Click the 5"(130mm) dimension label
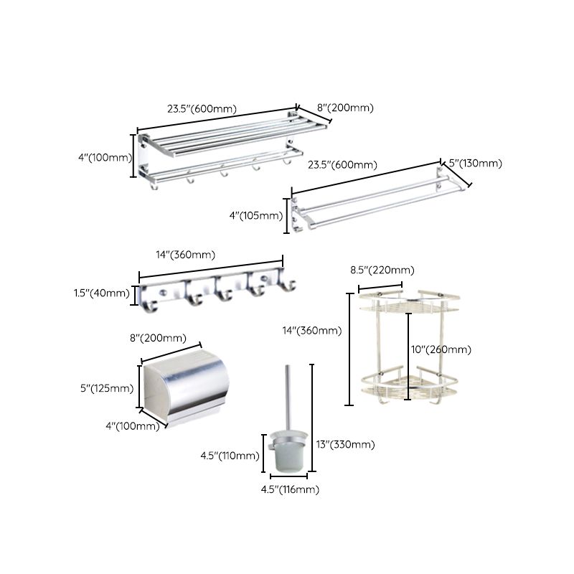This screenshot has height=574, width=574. (475, 164)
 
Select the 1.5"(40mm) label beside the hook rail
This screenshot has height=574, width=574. (101, 293)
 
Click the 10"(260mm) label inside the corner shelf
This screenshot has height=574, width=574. (441, 349)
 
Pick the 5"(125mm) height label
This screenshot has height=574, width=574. (106, 388)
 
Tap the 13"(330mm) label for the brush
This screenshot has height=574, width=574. (345, 444)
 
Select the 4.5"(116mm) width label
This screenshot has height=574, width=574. (289, 489)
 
